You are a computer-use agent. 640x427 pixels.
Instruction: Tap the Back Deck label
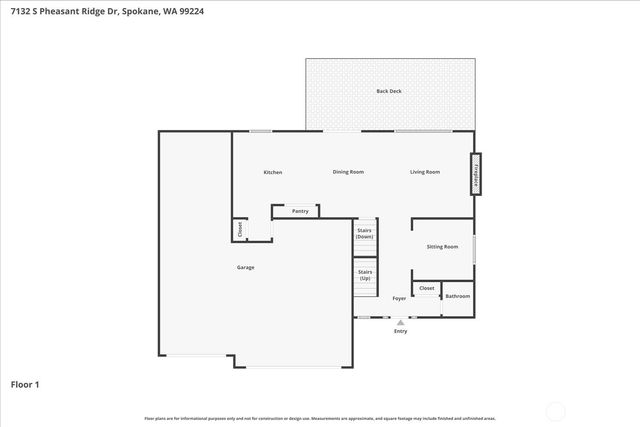point(389,91)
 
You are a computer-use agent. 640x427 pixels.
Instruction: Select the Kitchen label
point(272,172)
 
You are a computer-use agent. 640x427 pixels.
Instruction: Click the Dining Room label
point(348,172)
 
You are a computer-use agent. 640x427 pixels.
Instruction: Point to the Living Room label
point(425,172)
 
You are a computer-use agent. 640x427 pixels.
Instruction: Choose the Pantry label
point(300,211)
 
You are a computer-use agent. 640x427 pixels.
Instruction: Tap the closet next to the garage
point(240,230)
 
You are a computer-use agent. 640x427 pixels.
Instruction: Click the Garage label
point(245,267)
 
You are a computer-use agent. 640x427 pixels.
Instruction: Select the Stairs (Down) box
point(365,237)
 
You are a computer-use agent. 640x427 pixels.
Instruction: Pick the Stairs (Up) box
point(365,275)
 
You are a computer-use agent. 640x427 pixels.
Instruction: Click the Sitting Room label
point(442,246)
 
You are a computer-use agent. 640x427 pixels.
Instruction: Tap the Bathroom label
point(457,296)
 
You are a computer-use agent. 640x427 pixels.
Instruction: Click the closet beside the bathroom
point(427,288)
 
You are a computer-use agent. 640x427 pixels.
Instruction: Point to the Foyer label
point(399,298)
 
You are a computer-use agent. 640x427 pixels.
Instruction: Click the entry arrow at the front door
point(400,323)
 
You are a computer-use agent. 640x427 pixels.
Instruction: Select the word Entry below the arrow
point(400,332)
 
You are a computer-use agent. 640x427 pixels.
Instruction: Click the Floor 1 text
point(25,383)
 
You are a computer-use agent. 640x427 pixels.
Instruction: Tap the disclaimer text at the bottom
point(320,418)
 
